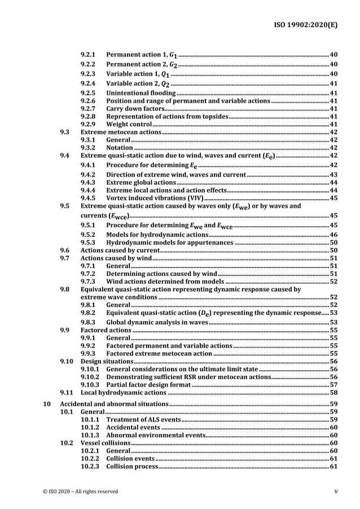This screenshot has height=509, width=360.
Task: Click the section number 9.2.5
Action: (x=88, y=93)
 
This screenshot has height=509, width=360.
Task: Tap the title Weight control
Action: (x=129, y=124)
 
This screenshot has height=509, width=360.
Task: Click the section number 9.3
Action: (x=65, y=132)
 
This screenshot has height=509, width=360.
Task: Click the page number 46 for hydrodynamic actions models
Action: (x=333, y=234)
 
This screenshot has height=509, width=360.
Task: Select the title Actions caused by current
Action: (x=116, y=250)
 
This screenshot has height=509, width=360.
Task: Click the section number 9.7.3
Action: (x=88, y=281)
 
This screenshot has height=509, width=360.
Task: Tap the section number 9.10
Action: (x=67, y=361)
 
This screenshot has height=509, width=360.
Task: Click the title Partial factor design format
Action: (x=148, y=384)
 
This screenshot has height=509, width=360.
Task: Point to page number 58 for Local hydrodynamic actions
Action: (x=333, y=392)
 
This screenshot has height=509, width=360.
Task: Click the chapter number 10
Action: (x=48, y=405)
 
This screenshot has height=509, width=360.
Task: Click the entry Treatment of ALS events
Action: (x=143, y=420)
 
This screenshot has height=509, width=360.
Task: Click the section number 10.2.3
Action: (x=90, y=467)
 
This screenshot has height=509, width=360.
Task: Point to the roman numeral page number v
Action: (x=336, y=492)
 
